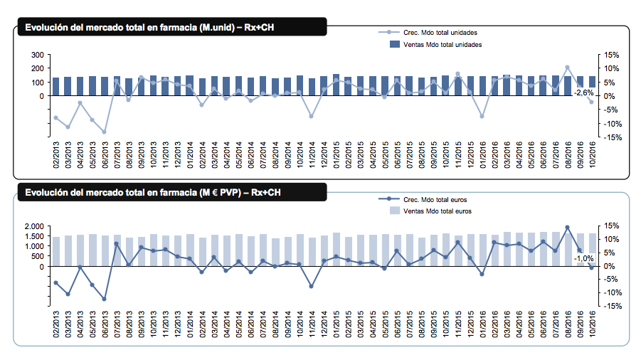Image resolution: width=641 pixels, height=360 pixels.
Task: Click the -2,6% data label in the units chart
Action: [x=584, y=92]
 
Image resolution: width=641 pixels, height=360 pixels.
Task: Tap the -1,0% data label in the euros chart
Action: [x=584, y=259]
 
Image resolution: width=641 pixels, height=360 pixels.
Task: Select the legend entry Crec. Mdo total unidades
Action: [x=440, y=33]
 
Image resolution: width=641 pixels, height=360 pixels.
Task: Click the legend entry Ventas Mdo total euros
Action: [x=438, y=211]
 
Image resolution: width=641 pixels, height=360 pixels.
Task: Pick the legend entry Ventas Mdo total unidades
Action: [x=443, y=45]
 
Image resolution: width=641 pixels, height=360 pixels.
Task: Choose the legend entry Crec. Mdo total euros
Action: [x=435, y=199]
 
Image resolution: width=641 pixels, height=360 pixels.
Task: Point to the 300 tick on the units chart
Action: [x=38, y=55]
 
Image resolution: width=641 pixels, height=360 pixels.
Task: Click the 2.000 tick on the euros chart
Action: [x=34, y=226]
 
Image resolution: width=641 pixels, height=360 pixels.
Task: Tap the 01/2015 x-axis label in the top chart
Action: [x=337, y=154]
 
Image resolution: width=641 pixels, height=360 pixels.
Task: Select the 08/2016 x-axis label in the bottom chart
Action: [x=568, y=324]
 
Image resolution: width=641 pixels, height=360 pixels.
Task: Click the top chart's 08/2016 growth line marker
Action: [x=568, y=68]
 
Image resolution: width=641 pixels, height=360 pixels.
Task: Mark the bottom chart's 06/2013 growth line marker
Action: [x=105, y=299]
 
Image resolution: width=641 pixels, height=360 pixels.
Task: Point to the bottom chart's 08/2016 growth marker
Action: [x=568, y=227]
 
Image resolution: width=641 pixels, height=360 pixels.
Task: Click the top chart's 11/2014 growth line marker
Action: [x=312, y=117]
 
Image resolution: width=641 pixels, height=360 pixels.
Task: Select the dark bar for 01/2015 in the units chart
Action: [x=336, y=85]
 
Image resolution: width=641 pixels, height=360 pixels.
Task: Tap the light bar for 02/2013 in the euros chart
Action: [x=56, y=252]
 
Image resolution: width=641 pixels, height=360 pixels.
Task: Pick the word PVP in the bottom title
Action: [x=231, y=193]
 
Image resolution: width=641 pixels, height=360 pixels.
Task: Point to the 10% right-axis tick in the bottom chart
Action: [x=613, y=239]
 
